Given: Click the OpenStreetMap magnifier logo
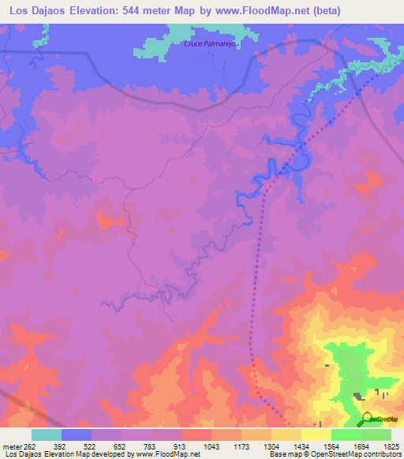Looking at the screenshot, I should click(x=367, y=419).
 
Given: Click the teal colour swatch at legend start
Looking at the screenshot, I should click(x=47, y=435).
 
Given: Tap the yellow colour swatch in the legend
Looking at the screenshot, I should click(x=316, y=435).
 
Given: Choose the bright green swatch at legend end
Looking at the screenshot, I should click(x=376, y=435).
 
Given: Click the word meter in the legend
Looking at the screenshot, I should click(x=9, y=445).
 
